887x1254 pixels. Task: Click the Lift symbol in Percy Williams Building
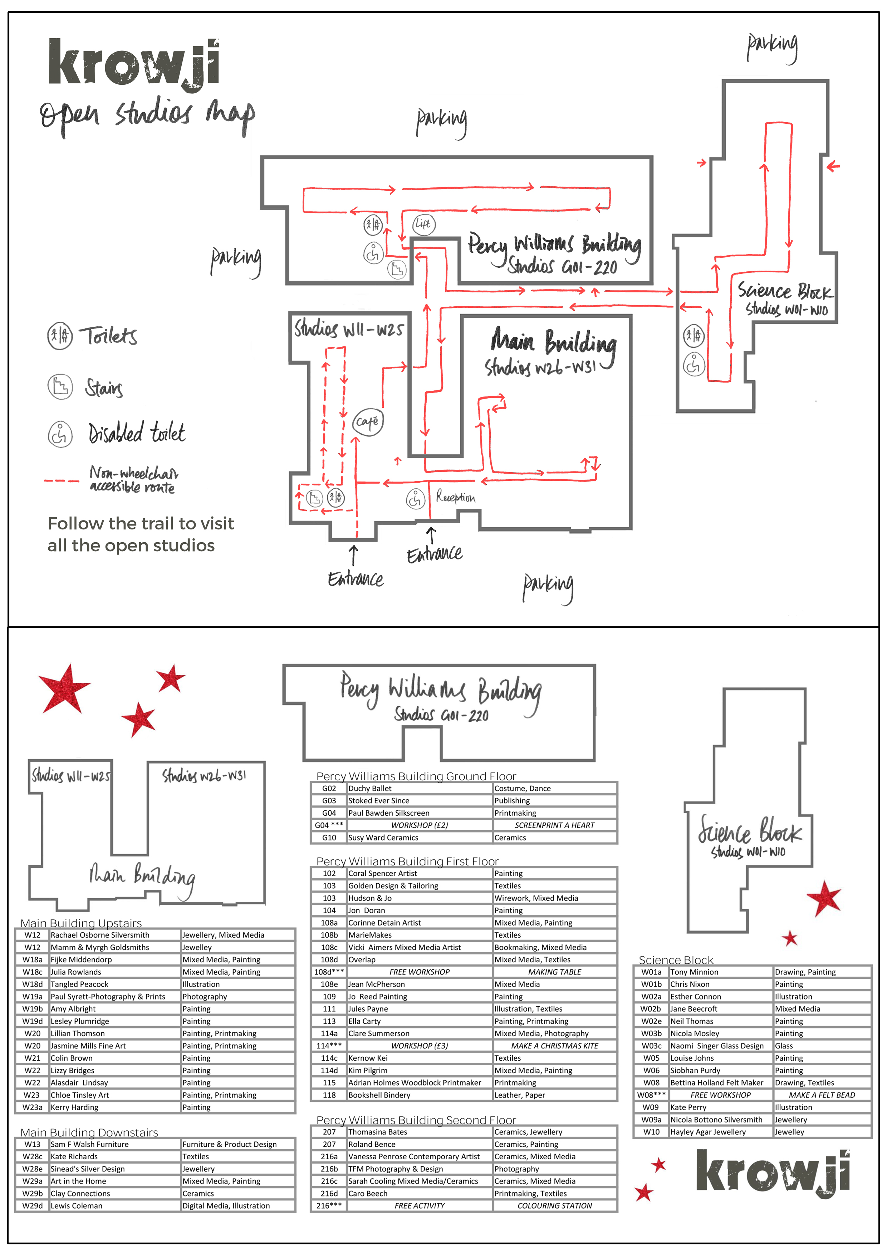click(x=423, y=224)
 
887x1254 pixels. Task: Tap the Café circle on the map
click(x=367, y=422)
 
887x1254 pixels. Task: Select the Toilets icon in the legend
click(x=60, y=336)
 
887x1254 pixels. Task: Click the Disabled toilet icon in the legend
click(x=60, y=434)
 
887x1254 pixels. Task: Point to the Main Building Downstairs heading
click(x=89, y=1132)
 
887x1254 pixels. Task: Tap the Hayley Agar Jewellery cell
click(x=721, y=1132)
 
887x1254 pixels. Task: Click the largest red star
click(x=64, y=689)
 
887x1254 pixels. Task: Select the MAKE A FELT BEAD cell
click(x=822, y=1095)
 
